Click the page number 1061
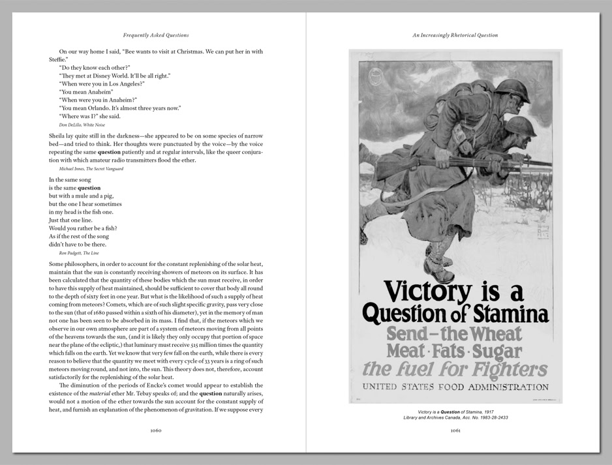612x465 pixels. pos(455,430)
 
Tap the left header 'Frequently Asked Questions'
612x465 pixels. pos(156,35)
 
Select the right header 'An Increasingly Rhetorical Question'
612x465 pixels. pos(455,35)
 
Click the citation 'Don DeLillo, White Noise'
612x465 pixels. pos(82,125)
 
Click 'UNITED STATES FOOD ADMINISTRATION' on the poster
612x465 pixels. pos(456,387)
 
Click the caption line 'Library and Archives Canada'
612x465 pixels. pos(455,417)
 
